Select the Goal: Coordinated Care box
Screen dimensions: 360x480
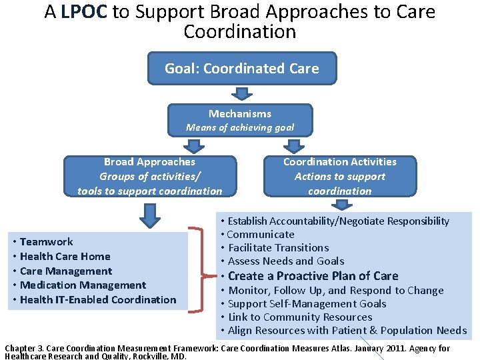(x=241, y=69)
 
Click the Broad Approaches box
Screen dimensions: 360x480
(x=150, y=176)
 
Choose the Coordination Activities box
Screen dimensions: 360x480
(x=339, y=176)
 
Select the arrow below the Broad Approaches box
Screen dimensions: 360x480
(x=151, y=215)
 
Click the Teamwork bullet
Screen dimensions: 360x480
(x=47, y=241)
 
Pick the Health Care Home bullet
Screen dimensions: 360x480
(x=65, y=256)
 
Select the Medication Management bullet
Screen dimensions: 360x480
(x=83, y=285)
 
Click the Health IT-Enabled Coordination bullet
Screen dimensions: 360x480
(x=98, y=300)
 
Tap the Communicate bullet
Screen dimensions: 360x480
(x=261, y=235)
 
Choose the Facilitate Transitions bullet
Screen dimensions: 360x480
(x=279, y=248)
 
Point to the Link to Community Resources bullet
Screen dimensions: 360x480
(x=300, y=317)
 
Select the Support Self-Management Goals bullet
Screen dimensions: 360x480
(x=307, y=304)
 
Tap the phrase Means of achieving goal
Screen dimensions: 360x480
(x=239, y=127)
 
